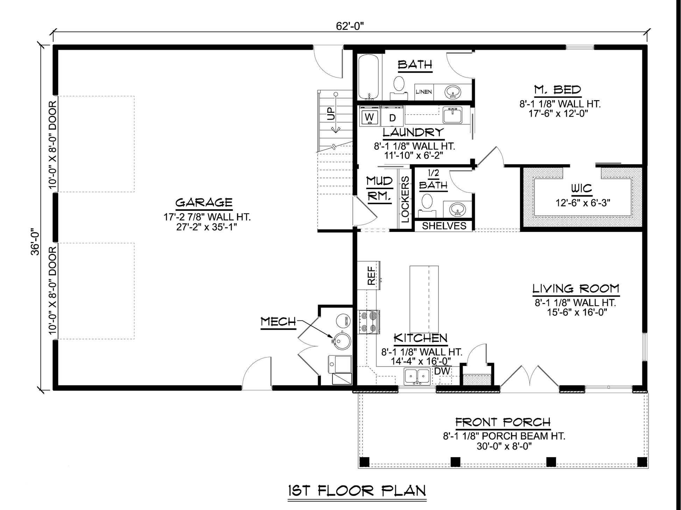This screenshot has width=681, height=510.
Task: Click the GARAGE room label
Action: pyautogui.click(x=204, y=202)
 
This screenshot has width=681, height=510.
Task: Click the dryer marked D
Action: pyautogui.click(x=392, y=118)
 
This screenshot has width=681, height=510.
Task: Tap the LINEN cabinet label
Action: pyautogui.click(x=424, y=92)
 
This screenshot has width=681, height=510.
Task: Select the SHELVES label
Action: pyautogui.click(x=444, y=226)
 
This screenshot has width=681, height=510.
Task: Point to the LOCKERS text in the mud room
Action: pyautogui.click(x=405, y=199)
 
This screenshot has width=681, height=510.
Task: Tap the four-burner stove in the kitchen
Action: pyautogui.click(x=368, y=322)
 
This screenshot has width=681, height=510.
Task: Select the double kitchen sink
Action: pyautogui.click(x=417, y=377)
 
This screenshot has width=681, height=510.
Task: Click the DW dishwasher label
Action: pyautogui.click(x=442, y=371)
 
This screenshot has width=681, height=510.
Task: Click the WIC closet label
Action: pyautogui.click(x=582, y=189)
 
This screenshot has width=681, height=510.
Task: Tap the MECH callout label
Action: pyautogui.click(x=279, y=322)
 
